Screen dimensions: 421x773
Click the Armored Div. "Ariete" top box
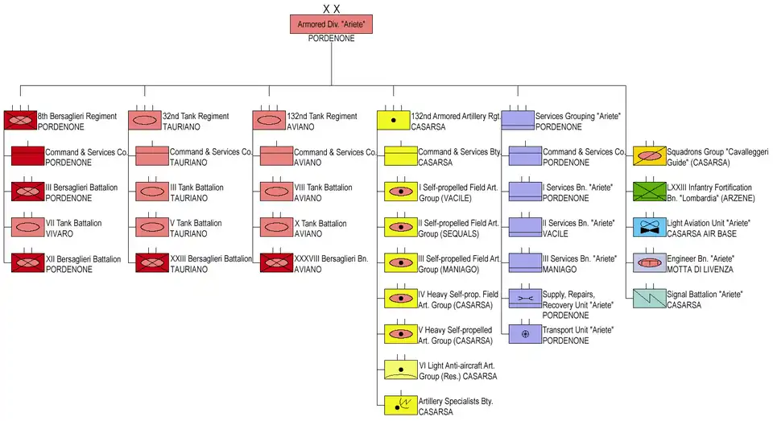331,24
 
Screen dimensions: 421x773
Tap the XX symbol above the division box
331,9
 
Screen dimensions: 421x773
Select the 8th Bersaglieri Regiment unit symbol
20,121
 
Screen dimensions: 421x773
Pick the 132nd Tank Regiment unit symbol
268,121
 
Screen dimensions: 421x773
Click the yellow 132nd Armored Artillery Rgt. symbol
393,121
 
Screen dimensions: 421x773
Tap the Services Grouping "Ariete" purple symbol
518,121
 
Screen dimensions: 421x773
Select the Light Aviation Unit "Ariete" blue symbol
650,227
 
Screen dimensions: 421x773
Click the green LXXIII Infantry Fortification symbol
650,192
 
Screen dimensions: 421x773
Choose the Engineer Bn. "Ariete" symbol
650,262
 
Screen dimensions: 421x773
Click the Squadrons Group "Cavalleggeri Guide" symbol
650,156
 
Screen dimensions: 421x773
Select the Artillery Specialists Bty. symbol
401,405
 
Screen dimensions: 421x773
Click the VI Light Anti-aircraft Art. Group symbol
401,369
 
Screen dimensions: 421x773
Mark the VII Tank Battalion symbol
27,227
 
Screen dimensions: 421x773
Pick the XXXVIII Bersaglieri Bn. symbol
276,262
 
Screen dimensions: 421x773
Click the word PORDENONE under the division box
331,39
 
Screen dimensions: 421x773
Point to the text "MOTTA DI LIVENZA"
697,269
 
